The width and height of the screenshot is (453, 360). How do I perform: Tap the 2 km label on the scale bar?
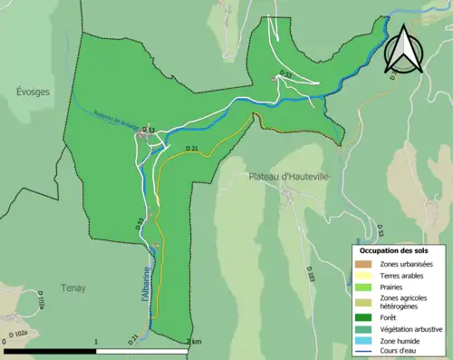pyautogui.click(x=193, y=342)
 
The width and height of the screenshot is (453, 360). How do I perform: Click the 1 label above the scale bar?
pyautogui.click(x=97, y=342)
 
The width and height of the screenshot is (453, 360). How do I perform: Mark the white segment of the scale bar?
pyautogui.click(x=144, y=350)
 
